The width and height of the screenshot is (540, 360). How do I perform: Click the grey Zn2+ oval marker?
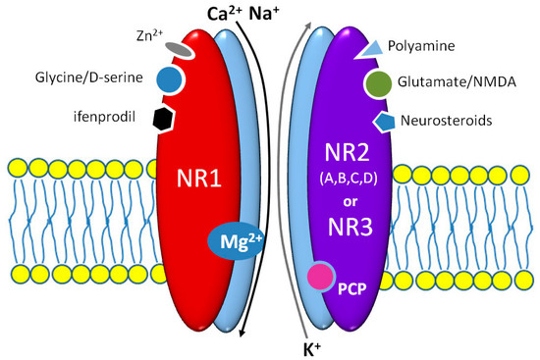click(178, 46)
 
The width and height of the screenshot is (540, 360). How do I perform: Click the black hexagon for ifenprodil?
click(164, 118)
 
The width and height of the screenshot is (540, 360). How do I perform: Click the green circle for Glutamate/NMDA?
click(379, 84)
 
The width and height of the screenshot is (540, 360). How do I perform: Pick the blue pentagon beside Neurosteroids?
click(382, 121)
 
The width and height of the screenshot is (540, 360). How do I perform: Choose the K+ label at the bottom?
click(315, 347)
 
